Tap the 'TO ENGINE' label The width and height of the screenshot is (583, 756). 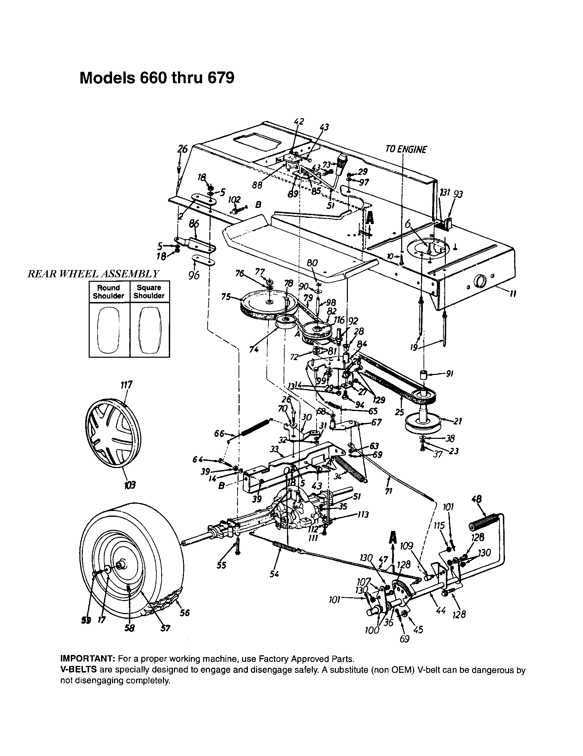tap(406, 149)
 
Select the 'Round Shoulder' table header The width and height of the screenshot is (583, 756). tap(108, 292)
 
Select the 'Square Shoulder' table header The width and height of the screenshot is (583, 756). tap(149, 291)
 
